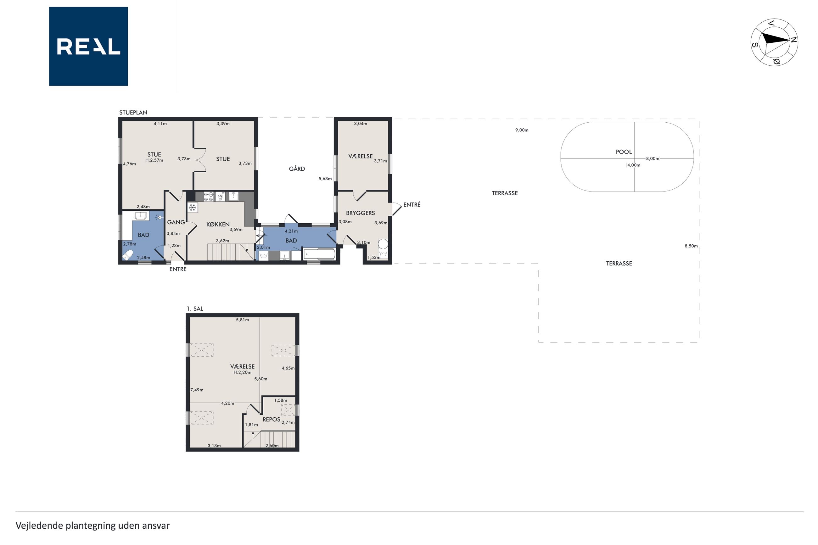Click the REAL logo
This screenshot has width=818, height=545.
pyautogui.click(x=88, y=46)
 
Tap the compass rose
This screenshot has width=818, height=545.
pyautogui.click(x=774, y=42)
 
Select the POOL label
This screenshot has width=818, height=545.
pyautogui.click(x=624, y=152)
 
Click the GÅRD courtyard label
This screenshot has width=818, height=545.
pyautogui.click(x=297, y=169)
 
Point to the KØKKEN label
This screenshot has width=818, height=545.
pyautogui.click(x=218, y=225)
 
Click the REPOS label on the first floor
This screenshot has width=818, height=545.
pyautogui.click(x=271, y=420)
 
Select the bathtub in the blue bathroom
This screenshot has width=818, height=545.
pyautogui.click(x=319, y=254)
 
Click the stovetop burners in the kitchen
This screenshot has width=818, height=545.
pyautogui.click(x=208, y=197)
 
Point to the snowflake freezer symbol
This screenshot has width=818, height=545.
pyautogui.click(x=192, y=208)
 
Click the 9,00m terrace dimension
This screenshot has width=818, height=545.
pyautogui.click(x=521, y=130)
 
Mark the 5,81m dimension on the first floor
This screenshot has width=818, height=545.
pyautogui.click(x=242, y=320)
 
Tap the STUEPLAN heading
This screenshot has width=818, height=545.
pyautogui.click(x=133, y=113)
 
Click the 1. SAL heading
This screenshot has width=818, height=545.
pyautogui.click(x=195, y=309)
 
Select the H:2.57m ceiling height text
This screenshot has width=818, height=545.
pyautogui.click(x=154, y=161)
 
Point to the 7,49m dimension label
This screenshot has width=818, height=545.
pyautogui.click(x=197, y=390)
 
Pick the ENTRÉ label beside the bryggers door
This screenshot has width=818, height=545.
pyautogui.click(x=412, y=205)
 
